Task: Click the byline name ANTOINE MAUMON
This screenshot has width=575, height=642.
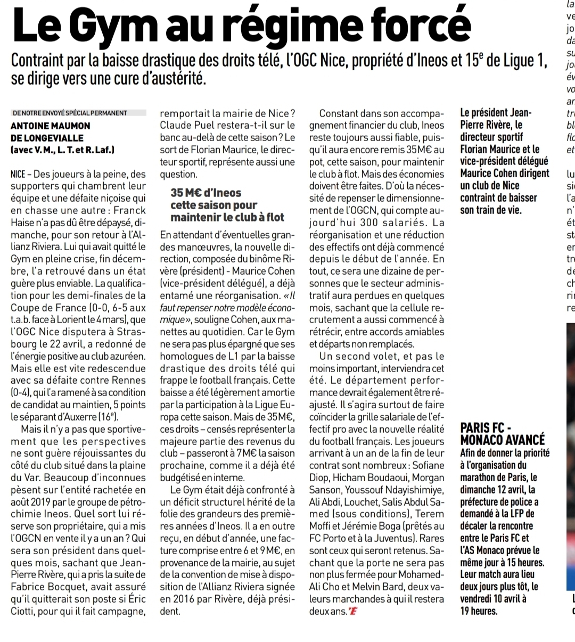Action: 51,126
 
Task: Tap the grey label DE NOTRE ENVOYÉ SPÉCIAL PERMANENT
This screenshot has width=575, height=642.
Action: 70,113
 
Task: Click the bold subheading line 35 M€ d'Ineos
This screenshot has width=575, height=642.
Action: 206,193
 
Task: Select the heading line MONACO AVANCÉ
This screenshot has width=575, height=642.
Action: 502,440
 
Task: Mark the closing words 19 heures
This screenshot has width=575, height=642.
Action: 479,611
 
